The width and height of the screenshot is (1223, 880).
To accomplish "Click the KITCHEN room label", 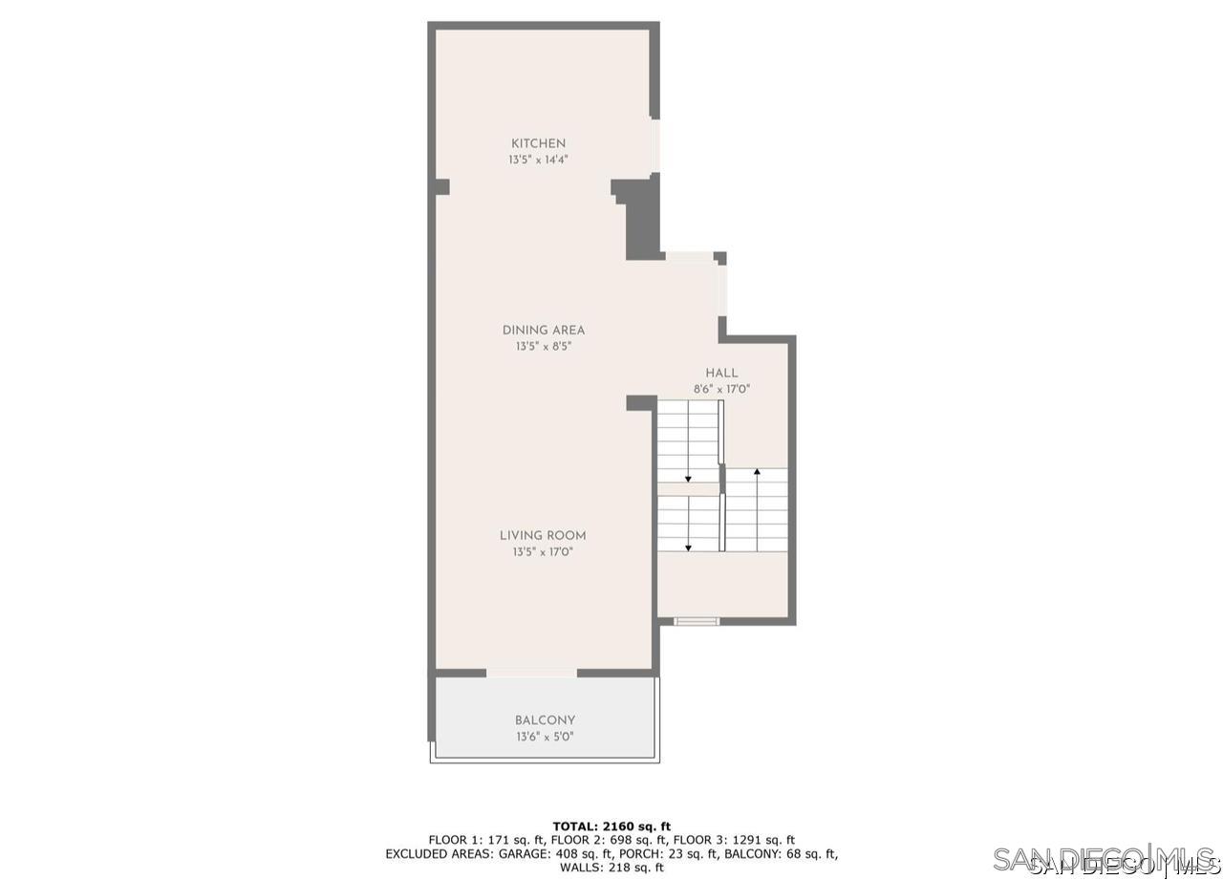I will tap(538, 143).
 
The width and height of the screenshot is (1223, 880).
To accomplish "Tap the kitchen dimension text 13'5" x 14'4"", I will tap(539, 161).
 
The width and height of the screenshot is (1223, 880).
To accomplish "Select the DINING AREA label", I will tap(543, 331).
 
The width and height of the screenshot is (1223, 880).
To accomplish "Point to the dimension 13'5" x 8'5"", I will tap(543, 347).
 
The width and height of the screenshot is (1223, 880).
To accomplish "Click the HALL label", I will tap(721, 373).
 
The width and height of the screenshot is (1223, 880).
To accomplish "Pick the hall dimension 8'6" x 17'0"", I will tap(721, 389).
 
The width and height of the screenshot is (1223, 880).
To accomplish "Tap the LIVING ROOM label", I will tap(543, 536).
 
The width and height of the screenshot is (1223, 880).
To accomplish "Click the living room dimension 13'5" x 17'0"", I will tap(543, 552).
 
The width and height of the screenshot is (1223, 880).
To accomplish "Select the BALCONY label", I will tap(545, 720).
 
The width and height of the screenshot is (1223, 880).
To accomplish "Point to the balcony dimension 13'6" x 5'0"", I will tap(545, 737).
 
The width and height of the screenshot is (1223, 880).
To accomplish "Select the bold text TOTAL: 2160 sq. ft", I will tap(611, 826).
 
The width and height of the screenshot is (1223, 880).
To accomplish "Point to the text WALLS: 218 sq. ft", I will tap(611, 868).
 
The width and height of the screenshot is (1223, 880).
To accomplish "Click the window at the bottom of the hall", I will tap(697, 621).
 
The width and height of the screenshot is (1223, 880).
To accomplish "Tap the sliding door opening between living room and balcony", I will tap(531, 674).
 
